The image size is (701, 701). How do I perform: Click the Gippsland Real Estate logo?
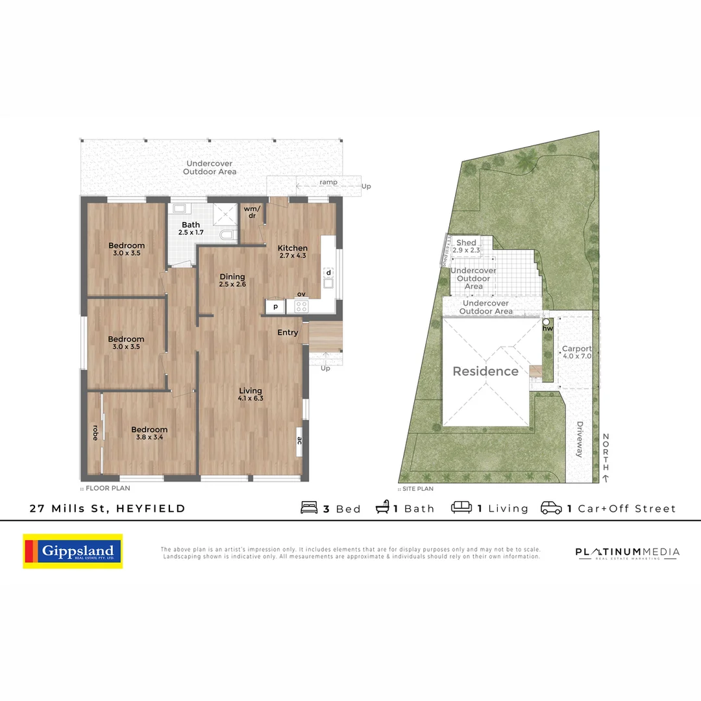point(73,551)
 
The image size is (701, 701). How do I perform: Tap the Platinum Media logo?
point(627,552)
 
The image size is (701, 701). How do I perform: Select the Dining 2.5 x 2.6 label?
point(232,280)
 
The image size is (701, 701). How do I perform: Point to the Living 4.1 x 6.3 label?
point(250,394)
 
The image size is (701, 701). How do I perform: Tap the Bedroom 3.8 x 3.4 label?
point(149,433)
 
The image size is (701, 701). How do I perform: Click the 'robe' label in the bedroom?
point(95,433)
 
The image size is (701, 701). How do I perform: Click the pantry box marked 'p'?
point(275,306)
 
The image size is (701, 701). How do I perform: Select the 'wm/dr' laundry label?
point(251,212)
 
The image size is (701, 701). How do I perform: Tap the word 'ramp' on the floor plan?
point(328,182)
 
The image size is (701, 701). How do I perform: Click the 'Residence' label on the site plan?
point(486,371)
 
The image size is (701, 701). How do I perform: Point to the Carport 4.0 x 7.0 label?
point(576,352)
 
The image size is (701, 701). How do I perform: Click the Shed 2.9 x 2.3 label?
point(466,246)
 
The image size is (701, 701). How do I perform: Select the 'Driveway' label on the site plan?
point(579,439)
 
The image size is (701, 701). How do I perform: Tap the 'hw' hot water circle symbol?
point(547,321)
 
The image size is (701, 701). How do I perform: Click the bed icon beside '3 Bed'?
point(310,508)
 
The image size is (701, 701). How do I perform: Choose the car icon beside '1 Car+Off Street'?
point(551,508)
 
